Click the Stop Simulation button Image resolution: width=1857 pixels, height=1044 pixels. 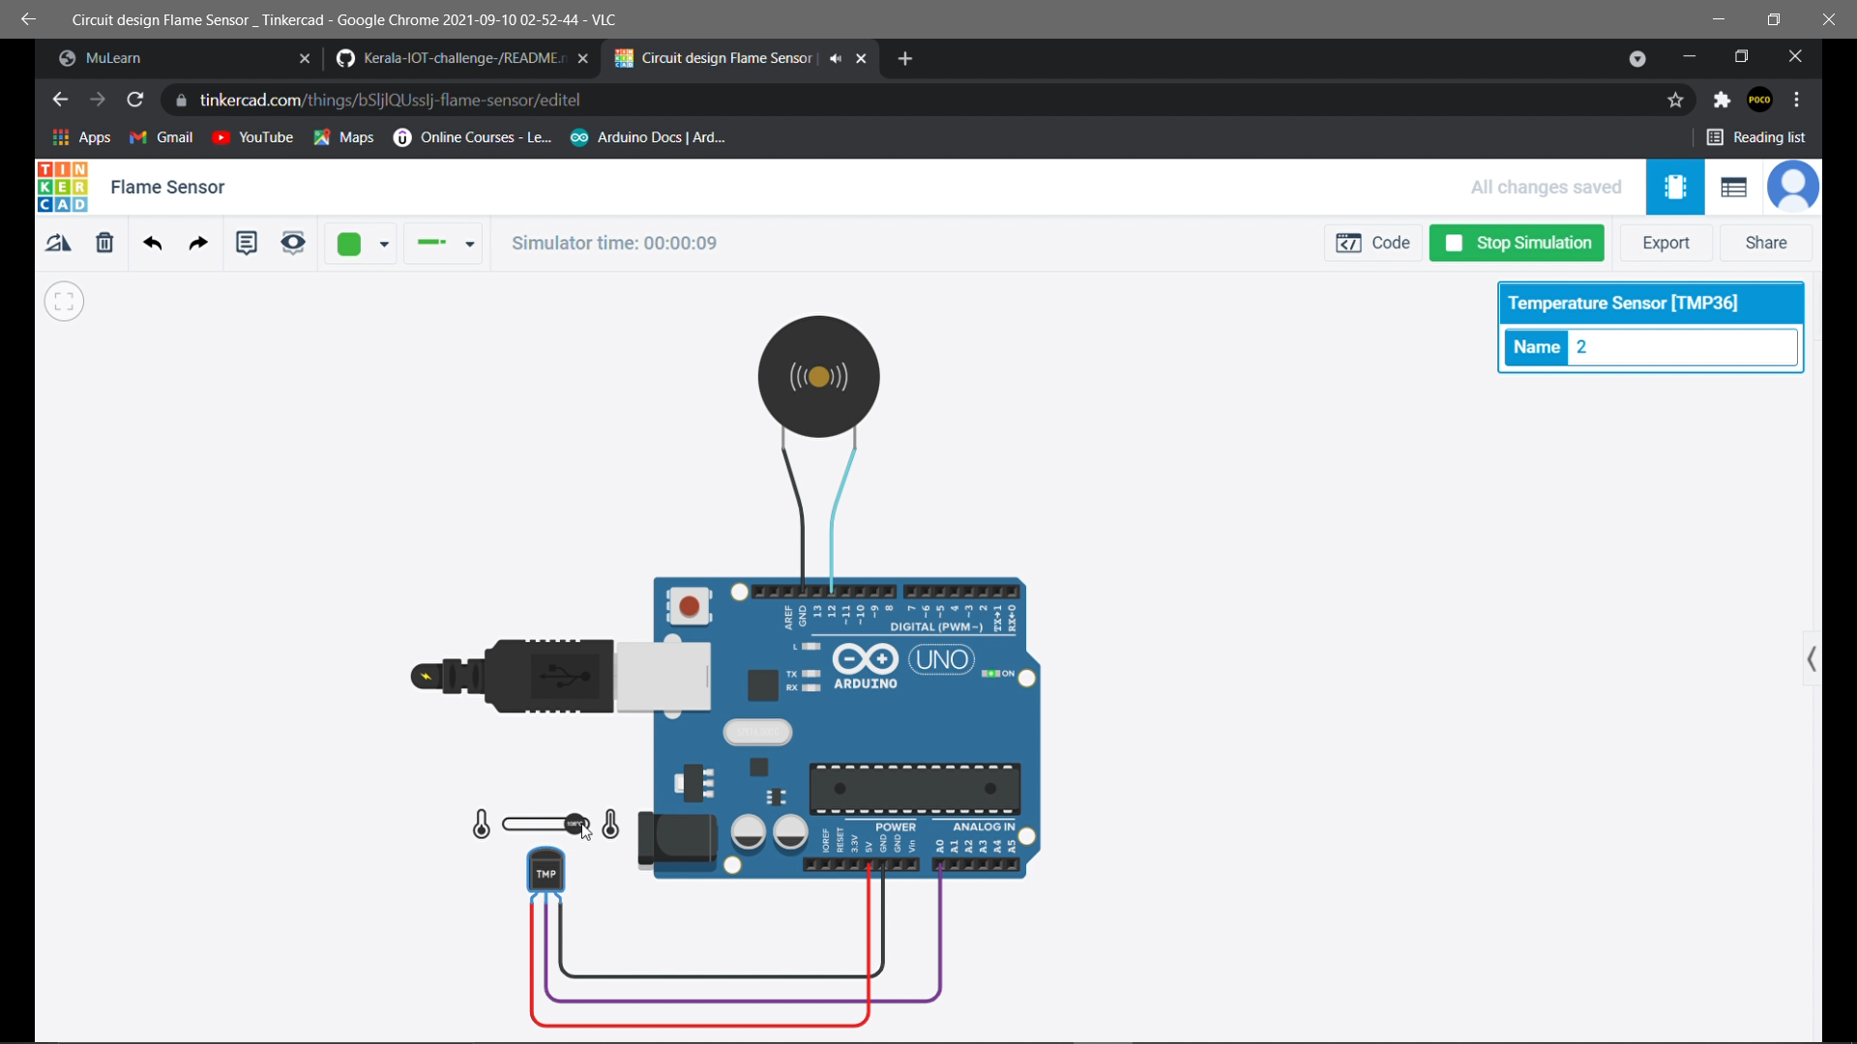[x=1517, y=243]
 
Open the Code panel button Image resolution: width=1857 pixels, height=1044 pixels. [x=1372, y=243]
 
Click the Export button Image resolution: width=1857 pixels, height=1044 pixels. [x=1665, y=243]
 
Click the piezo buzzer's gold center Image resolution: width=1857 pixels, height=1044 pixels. [x=819, y=377]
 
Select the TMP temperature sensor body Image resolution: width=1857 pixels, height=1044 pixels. [x=546, y=871]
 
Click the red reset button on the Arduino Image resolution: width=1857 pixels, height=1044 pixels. [x=689, y=606]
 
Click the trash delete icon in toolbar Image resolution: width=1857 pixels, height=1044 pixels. [x=104, y=243]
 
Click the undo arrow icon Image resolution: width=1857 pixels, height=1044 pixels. [x=152, y=243]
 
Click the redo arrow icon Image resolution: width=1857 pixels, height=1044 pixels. [x=198, y=243]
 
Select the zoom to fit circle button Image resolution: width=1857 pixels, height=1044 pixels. [x=64, y=302]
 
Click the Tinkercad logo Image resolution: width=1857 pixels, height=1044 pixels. [x=63, y=187]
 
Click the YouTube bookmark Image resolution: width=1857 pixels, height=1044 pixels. [x=252, y=137]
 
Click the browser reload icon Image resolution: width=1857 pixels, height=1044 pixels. [x=135, y=100]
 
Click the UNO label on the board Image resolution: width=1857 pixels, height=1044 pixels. [x=941, y=659]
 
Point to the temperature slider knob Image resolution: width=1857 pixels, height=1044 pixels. [x=576, y=824]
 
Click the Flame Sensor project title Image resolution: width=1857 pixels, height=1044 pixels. [x=167, y=187]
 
